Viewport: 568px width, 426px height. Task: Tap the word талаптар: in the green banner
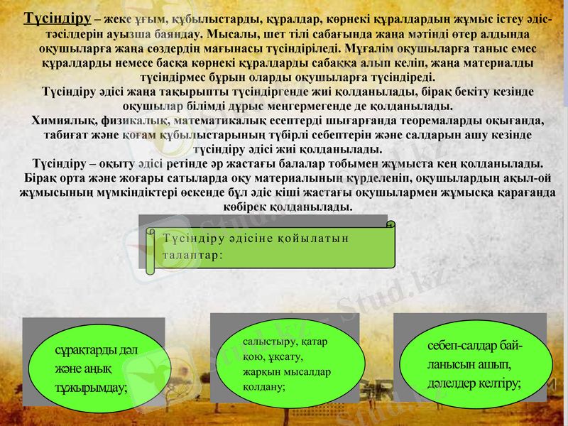(193, 253)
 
